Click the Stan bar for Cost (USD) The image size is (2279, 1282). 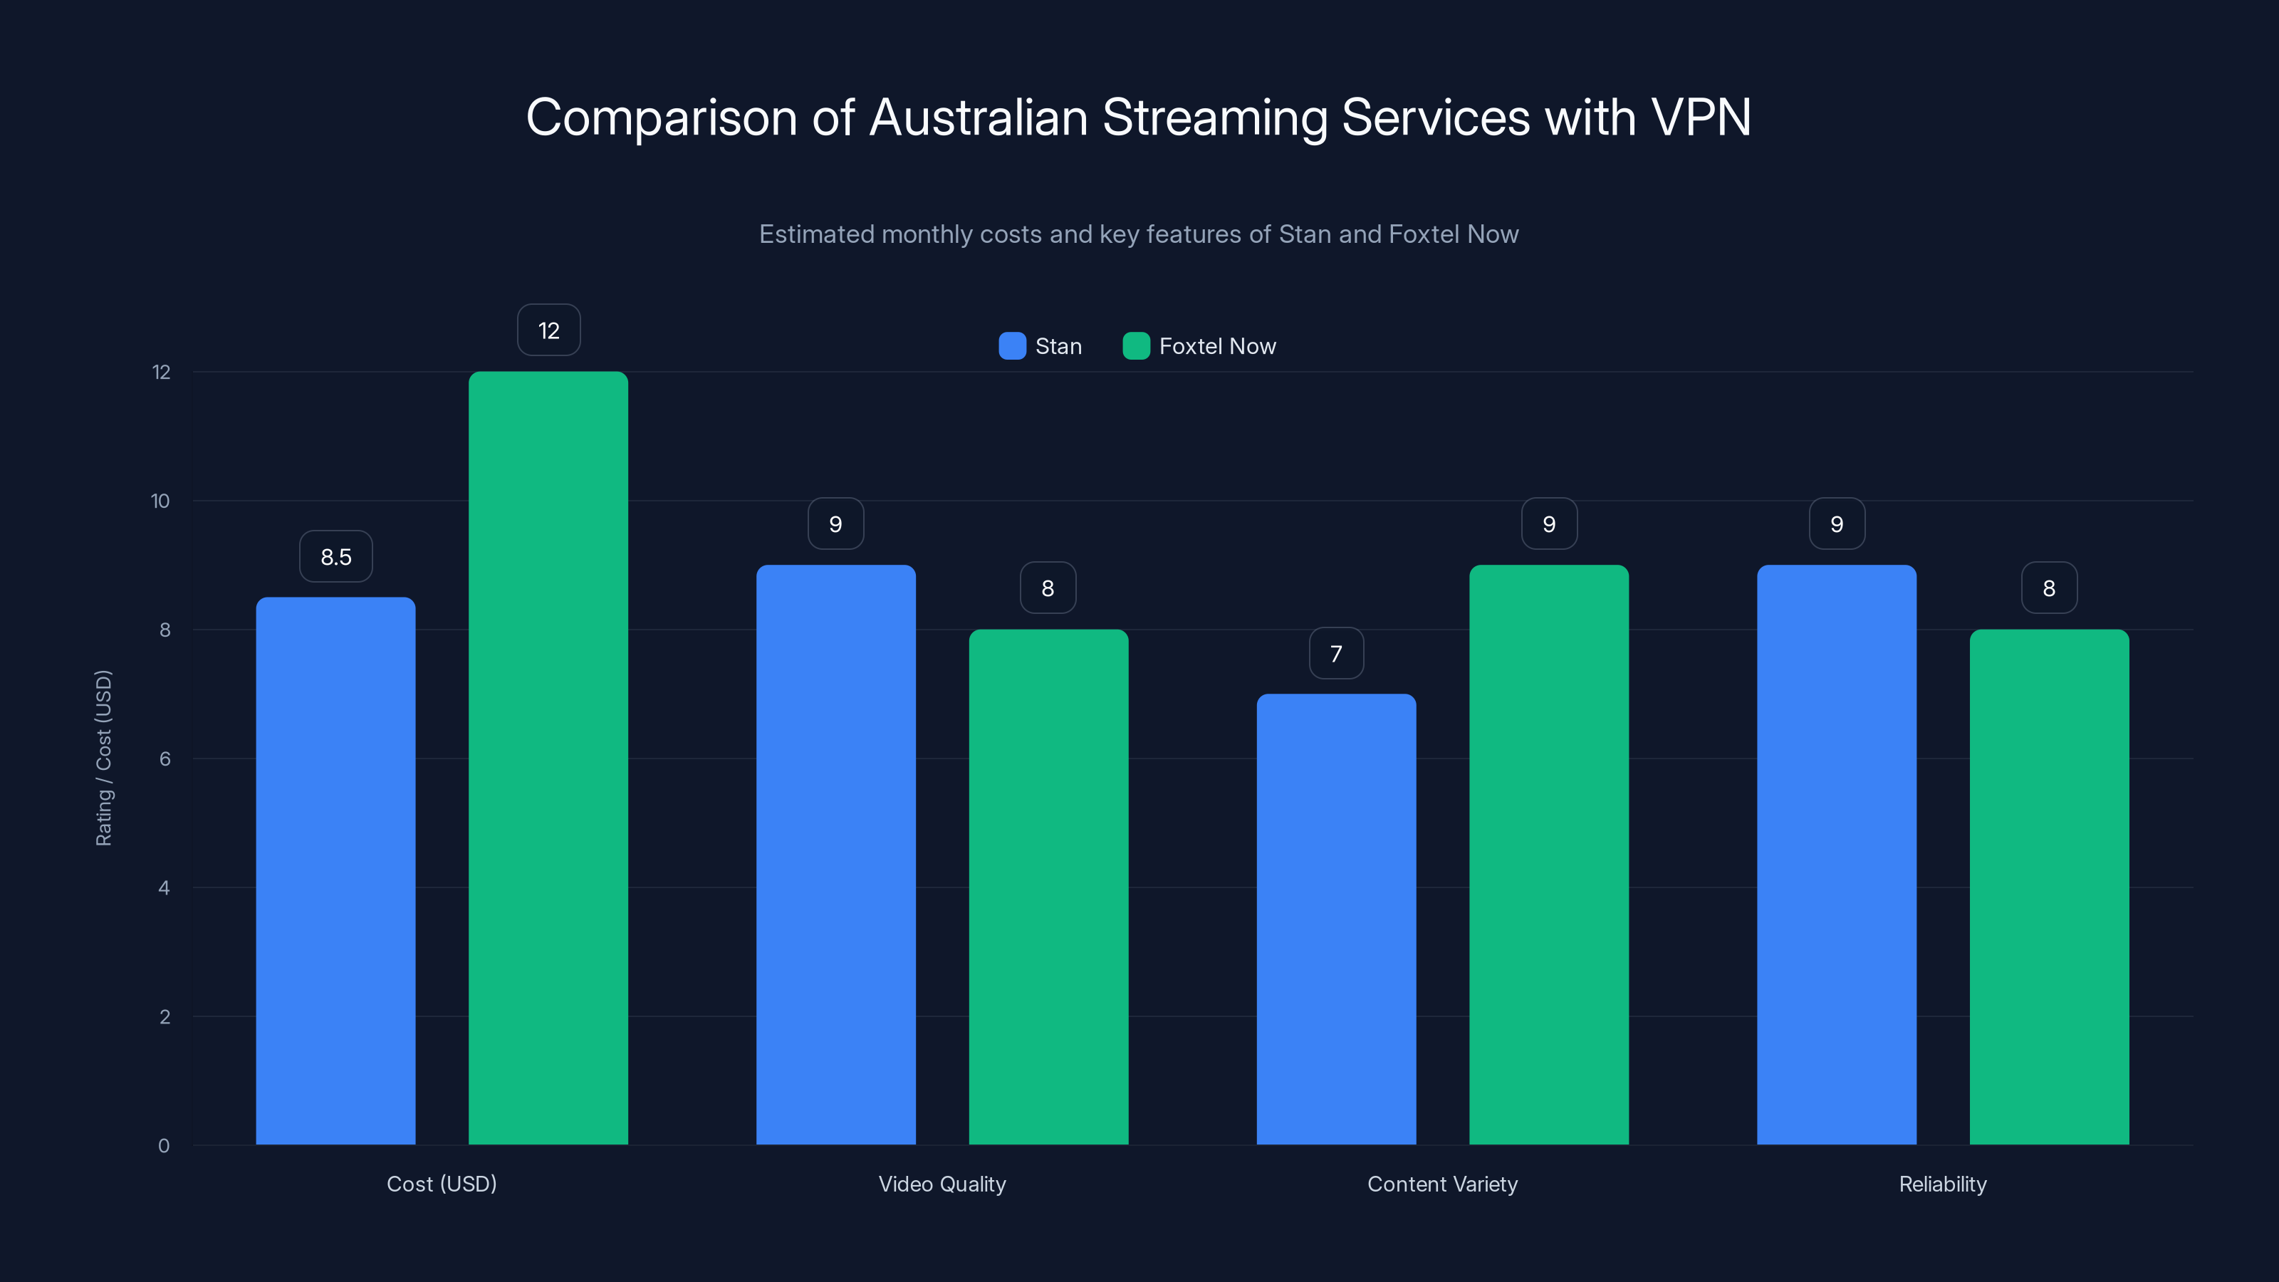[335, 872]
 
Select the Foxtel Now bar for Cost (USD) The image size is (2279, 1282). [548, 759]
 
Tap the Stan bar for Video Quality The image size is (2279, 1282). [835, 855]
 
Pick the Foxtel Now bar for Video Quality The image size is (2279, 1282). [1048, 887]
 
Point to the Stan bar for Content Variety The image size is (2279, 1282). [1336, 919]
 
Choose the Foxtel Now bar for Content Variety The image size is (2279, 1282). [1548, 855]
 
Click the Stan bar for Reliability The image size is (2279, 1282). [1837, 855]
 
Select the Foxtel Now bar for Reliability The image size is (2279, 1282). [2049, 887]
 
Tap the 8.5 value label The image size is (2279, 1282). [336, 556]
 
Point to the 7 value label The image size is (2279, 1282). [1336, 654]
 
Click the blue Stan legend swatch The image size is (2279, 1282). [1012, 346]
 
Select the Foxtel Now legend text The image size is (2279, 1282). [1217, 346]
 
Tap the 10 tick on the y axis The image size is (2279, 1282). [160, 501]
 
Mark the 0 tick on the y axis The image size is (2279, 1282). [164, 1146]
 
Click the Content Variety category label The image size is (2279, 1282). [1442, 1184]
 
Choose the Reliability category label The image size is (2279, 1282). [1943, 1184]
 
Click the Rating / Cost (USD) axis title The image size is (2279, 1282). [103, 759]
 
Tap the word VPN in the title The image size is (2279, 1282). [1701, 117]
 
